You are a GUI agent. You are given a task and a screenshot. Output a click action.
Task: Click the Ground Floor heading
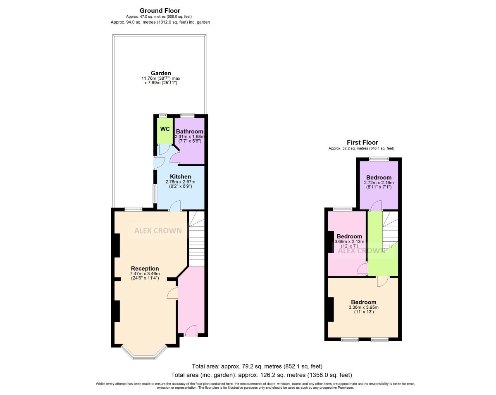pos(160,11)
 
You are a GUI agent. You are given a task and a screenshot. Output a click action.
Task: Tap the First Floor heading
pos(362,143)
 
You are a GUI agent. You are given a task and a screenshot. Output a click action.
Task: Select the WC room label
pos(165,129)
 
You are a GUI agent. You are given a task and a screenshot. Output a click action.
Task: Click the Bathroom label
pos(189,131)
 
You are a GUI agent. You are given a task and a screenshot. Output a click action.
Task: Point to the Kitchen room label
pos(181,176)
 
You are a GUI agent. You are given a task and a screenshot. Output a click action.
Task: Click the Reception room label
pos(145,269)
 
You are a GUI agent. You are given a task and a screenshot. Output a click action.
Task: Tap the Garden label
pos(161,73)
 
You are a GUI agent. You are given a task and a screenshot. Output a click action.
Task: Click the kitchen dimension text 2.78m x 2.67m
pos(180,182)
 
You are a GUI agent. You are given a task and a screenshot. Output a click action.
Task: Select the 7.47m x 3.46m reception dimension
pos(145,274)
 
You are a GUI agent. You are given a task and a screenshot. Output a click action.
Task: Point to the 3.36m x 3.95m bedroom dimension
pos(364,307)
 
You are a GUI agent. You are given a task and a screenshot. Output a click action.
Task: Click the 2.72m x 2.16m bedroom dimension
pos(379,183)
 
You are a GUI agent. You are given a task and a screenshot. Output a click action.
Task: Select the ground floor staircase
pos(197,239)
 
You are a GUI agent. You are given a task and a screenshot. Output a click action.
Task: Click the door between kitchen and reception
pos(175,206)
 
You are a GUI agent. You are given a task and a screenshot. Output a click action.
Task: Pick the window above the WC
pos(163,115)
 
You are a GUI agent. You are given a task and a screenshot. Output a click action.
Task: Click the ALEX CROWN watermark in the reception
pos(158,231)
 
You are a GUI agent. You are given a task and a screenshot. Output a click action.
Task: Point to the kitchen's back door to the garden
pos(160,162)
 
